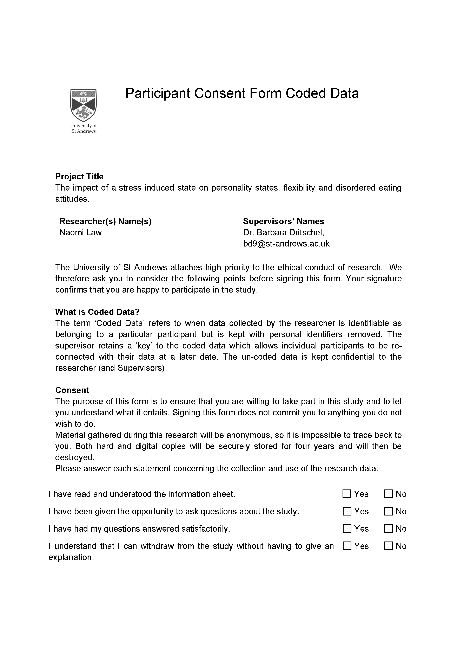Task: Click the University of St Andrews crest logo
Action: coord(83,105)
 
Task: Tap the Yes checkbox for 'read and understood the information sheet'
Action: coord(347,494)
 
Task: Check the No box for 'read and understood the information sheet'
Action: coord(388,494)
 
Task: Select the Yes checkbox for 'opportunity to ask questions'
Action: coord(347,511)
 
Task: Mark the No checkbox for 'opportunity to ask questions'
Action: coord(388,511)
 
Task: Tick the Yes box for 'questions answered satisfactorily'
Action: coord(347,529)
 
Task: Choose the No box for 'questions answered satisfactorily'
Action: coord(388,529)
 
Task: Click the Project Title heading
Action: coord(79,177)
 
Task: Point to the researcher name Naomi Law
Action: coord(80,232)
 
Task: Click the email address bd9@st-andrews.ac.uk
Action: coord(286,244)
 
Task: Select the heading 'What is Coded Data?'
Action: coord(97,312)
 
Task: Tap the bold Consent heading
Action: coord(72,390)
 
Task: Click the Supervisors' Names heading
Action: coord(283,222)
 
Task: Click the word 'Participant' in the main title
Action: coord(158,93)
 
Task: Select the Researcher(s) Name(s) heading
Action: coord(106,222)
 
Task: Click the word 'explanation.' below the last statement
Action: coord(71,557)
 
